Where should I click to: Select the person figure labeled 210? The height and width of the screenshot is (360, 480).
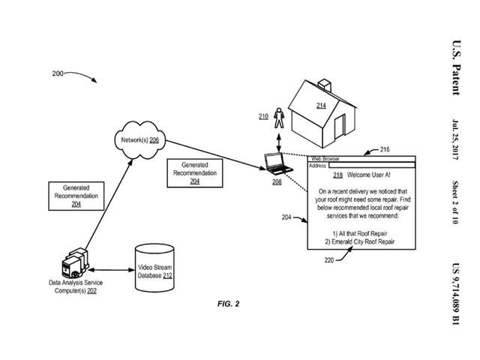point(279,118)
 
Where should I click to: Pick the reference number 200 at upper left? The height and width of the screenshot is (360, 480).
point(58,74)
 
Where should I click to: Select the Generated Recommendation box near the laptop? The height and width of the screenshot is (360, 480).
point(194,172)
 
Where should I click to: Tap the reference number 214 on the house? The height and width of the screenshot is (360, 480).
point(321,106)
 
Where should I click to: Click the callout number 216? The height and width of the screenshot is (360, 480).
point(385,150)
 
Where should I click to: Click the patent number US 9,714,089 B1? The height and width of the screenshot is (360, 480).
point(454,292)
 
